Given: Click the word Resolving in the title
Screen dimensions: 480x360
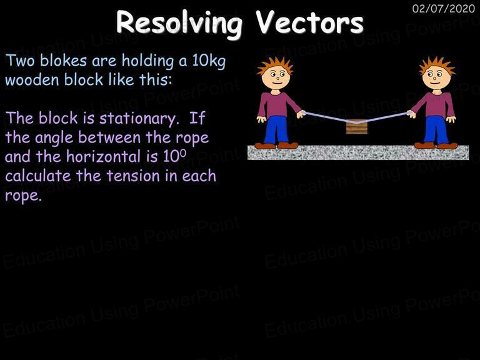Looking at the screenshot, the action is pyautogui.click(x=179, y=24).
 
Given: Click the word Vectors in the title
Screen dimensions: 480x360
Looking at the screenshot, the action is pyautogui.click(x=309, y=22).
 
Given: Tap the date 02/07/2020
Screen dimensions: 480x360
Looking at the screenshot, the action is pyautogui.click(x=444, y=8).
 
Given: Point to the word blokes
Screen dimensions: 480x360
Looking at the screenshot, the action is pyautogui.click(x=63, y=60).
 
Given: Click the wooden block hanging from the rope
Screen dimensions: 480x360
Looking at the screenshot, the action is pyautogui.click(x=357, y=126).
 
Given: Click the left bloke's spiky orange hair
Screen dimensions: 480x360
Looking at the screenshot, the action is pyautogui.click(x=275, y=65).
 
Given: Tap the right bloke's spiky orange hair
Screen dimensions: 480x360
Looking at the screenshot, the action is pyautogui.click(x=437, y=65).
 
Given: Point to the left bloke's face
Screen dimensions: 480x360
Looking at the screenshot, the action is pyautogui.click(x=276, y=77).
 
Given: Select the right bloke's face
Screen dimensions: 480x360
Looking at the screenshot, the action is pyautogui.click(x=436, y=77).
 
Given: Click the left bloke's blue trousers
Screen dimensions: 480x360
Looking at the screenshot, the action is pyautogui.click(x=277, y=129).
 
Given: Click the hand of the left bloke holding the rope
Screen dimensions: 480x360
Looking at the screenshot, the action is pyautogui.click(x=301, y=114).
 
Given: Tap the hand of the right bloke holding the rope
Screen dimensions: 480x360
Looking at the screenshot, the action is pyautogui.click(x=411, y=114).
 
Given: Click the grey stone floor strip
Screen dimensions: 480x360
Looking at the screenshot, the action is pyautogui.click(x=358, y=152).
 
